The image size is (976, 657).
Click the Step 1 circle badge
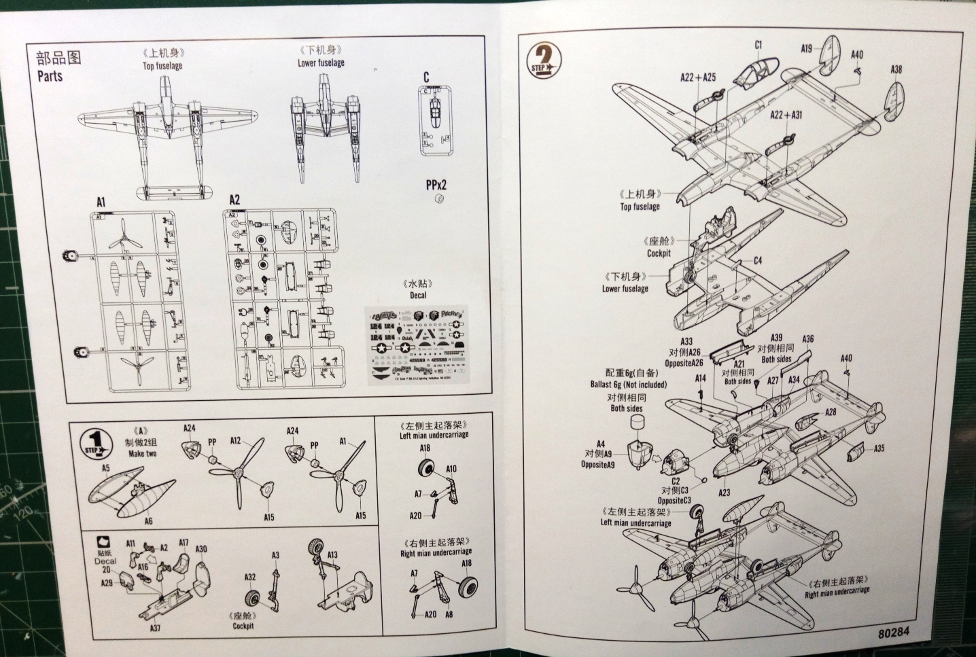click(97, 442)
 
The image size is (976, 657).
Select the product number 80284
click(894, 631)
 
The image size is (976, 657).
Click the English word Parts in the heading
click(50, 76)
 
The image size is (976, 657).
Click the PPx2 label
click(437, 184)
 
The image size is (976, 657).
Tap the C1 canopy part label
click(758, 46)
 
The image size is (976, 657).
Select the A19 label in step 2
click(806, 49)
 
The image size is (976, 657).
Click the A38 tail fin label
click(896, 69)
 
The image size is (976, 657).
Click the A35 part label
click(878, 448)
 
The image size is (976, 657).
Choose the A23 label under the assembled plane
click(724, 493)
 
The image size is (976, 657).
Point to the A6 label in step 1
click(147, 521)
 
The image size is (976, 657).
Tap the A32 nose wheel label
click(250, 577)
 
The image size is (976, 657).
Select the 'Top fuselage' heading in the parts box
click(162, 66)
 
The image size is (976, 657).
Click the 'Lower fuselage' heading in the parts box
click(321, 63)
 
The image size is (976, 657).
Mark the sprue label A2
click(234, 200)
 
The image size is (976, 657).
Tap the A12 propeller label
click(236, 441)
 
